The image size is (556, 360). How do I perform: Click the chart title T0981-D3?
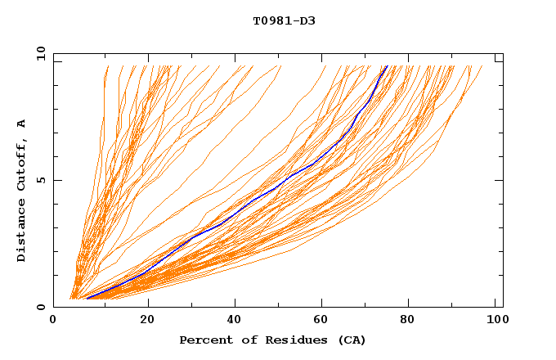pyautogui.click(x=284, y=20)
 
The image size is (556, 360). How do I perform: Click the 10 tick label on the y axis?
pyautogui.click(x=40, y=53)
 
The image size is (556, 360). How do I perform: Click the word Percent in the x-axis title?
pyautogui.click(x=205, y=340)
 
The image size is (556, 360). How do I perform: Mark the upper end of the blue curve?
pyautogui.click(x=388, y=66)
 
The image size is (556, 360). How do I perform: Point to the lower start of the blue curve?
pyautogui.click(x=87, y=299)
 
